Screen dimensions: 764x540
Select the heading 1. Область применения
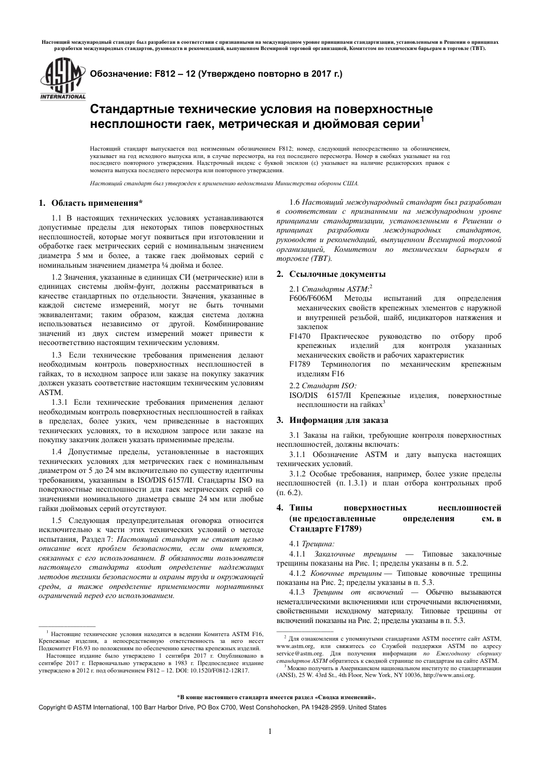pyautogui.click(x=90, y=203)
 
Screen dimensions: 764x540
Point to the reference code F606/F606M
pyautogui.click(x=311, y=298)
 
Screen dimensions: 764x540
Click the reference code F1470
pyautogui.click(x=300, y=336)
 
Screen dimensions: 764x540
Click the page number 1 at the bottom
pyautogui.click(x=270, y=732)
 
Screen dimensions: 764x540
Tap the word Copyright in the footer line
pyautogui.click(x=51, y=708)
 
